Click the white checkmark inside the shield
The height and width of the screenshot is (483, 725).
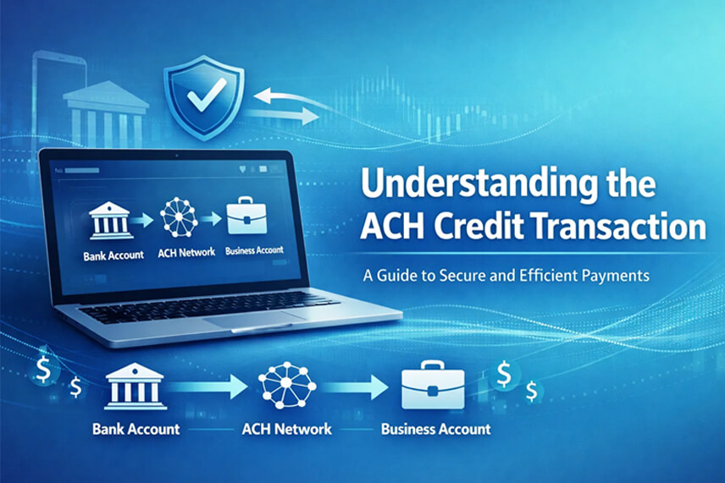(x=207, y=96)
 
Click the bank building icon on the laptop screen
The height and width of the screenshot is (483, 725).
(x=110, y=220)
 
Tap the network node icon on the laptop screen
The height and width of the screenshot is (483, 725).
(x=179, y=217)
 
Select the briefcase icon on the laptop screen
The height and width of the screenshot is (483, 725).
(x=246, y=215)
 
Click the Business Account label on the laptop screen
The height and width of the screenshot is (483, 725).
(x=254, y=250)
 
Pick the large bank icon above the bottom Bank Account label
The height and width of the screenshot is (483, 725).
(x=136, y=387)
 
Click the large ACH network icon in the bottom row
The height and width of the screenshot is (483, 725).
(x=287, y=385)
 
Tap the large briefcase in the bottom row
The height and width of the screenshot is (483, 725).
(x=433, y=385)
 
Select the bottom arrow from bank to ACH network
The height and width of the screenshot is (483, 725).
(x=208, y=387)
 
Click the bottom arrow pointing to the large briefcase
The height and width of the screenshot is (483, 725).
(x=355, y=387)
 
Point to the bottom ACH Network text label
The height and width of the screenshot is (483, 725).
(x=286, y=429)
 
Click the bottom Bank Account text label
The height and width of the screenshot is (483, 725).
(x=136, y=429)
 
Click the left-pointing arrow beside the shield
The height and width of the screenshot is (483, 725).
(x=285, y=98)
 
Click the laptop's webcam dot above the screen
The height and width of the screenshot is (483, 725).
(x=177, y=156)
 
